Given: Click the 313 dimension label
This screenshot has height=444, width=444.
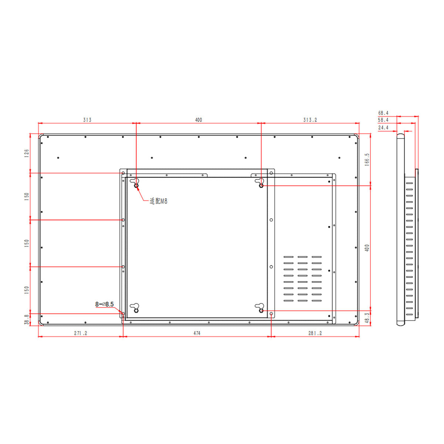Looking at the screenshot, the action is point(87,120).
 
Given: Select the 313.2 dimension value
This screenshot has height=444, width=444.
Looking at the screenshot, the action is point(310,120).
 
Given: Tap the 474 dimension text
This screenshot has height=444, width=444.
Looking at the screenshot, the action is point(197,333).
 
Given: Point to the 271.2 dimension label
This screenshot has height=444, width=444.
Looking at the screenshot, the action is point(81,333).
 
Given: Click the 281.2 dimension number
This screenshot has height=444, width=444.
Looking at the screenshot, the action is point(315,333).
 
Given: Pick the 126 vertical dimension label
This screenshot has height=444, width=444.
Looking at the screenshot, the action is point(27,153).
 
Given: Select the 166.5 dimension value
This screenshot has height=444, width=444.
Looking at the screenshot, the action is point(367,159).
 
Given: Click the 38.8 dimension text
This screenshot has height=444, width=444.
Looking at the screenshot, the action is point(27,320).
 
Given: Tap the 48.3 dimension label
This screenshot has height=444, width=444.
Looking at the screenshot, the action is point(367,318).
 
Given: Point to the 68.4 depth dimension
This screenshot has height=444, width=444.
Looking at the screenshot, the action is point(383,113).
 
